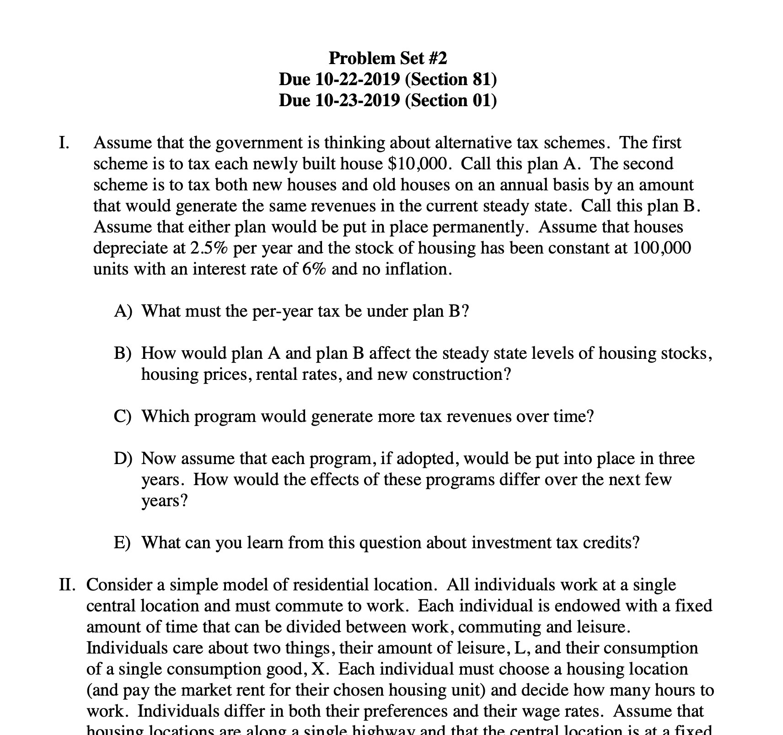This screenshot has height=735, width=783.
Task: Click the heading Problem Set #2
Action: coord(387,58)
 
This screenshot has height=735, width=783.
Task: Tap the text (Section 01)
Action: coord(450,100)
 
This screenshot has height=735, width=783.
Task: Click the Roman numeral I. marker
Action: coord(64,143)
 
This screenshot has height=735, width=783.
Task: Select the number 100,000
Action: coord(662,248)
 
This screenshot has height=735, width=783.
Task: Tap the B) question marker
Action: coord(123,353)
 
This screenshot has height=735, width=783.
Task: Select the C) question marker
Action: coord(123,416)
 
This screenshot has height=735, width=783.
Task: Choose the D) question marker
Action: coord(123,459)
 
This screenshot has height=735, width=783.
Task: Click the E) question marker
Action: coord(122,543)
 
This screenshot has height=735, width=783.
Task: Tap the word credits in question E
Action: coord(613,543)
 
